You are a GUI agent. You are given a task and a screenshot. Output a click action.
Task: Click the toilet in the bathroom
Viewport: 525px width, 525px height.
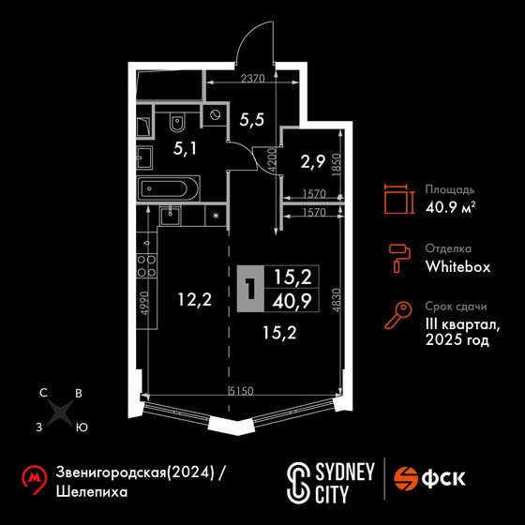click(177, 123)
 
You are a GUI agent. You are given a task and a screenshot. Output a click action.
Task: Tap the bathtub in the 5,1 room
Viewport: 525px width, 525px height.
click(168, 188)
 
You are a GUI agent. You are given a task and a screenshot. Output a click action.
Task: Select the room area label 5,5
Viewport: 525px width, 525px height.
click(252, 120)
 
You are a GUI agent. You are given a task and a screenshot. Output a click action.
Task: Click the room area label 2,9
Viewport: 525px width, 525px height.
click(313, 162)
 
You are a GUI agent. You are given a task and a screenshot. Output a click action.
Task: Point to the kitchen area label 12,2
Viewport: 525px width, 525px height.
click(195, 299)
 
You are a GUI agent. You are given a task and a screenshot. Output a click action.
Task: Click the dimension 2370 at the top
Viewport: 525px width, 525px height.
click(253, 79)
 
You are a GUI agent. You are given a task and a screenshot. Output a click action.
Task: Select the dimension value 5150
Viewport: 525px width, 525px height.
click(241, 391)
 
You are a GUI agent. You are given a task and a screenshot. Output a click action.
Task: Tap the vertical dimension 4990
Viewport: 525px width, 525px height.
click(144, 303)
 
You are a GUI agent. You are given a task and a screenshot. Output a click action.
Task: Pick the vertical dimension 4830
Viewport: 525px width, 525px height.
click(337, 300)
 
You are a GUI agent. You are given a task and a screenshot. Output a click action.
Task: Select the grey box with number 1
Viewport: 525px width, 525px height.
click(250, 289)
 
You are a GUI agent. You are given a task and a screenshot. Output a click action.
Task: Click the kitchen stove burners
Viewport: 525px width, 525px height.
click(146, 265)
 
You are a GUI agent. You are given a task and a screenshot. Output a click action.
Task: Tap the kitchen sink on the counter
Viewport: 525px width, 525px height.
click(171, 216)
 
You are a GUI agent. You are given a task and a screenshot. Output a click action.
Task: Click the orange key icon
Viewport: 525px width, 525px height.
click(398, 315)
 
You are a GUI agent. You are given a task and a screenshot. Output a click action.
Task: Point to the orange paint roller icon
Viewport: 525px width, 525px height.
click(399, 259)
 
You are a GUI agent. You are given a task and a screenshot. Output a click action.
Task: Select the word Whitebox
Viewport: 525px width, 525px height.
click(457, 267)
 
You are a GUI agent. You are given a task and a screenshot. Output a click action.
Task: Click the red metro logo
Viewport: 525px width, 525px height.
click(34, 479)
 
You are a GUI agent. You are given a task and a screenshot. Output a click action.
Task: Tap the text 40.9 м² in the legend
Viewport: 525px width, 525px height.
click(451, 208)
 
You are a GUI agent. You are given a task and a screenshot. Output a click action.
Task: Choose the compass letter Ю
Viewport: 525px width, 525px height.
click(82, 427)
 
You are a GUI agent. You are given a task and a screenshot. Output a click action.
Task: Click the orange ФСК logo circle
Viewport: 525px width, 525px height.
click(405, 479)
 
